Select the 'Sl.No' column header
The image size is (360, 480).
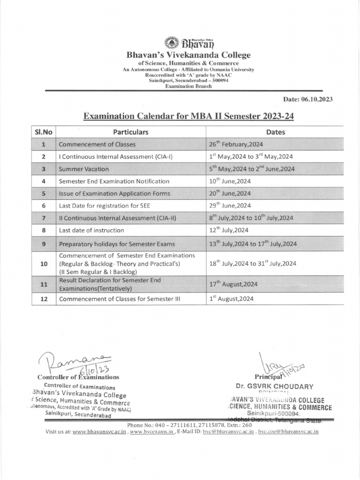[44, 132]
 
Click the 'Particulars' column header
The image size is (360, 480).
[130, 132]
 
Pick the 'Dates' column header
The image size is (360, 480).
[275, 132]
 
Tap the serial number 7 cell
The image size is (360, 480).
[44, 218]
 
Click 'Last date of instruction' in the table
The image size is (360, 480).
[91, 230]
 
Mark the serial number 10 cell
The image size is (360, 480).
[44, 263]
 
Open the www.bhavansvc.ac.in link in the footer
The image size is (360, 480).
[99, 431]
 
